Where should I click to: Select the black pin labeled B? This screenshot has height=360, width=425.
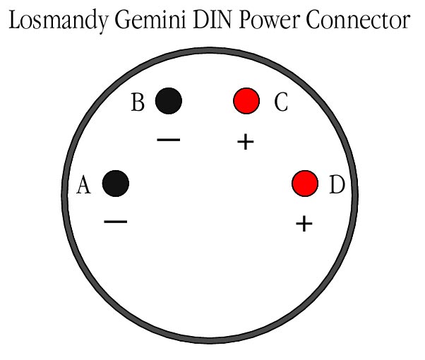[x=169, y=100]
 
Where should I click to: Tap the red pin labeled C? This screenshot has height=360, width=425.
[x=246, y=100]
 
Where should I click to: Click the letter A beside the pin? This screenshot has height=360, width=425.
[x=83, y=186]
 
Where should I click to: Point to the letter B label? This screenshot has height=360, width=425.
[x=138, y=103]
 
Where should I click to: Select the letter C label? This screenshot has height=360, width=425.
[x=280, y=103]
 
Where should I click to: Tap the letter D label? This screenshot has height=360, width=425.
[x=337, y=186]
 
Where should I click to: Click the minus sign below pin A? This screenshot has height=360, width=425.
[x=115, y=222]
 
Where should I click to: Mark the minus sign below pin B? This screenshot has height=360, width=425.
[x=169, y=140]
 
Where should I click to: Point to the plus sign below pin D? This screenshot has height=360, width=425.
[x=304, y=224]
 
